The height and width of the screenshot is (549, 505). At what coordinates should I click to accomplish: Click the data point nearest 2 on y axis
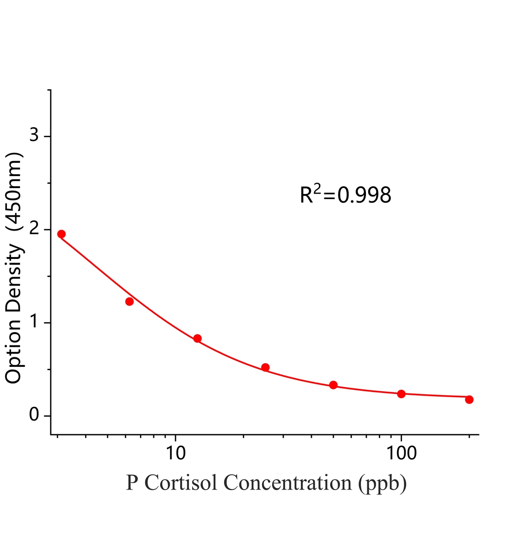(x=61, y=234)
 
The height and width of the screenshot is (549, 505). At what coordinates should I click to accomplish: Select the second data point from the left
(x=129, y=301)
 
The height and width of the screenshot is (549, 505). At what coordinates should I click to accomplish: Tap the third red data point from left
(x=197, y=339)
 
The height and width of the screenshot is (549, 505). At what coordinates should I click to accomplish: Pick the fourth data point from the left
(x=265, y=367)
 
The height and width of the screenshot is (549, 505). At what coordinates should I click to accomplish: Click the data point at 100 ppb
(x=401, y=394)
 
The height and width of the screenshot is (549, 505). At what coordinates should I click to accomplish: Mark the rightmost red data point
(x=469, y=399)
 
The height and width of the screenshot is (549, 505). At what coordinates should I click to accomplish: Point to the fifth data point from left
(x=333, y=385)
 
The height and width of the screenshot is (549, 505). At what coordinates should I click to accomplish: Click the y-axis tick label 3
(x=34, y=136)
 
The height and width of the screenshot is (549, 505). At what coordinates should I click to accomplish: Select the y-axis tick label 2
(x=34, y=229)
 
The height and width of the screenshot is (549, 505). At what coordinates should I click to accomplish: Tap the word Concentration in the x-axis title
(x=287, y=483)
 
